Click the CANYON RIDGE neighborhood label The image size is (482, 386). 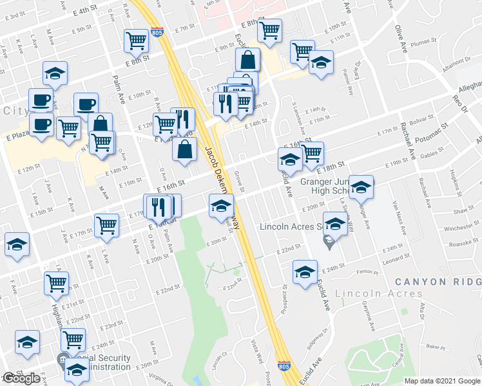coord(438,282)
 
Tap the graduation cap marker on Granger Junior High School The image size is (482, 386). coord(361,187)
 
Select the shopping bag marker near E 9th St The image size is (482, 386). coord(247,60)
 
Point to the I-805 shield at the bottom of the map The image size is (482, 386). coord(284,365)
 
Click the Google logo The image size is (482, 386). coord(21,378)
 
